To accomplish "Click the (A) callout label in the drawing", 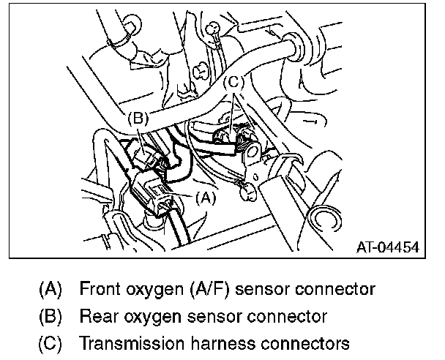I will [206, 196].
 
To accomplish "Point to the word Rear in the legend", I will [97, 316].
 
